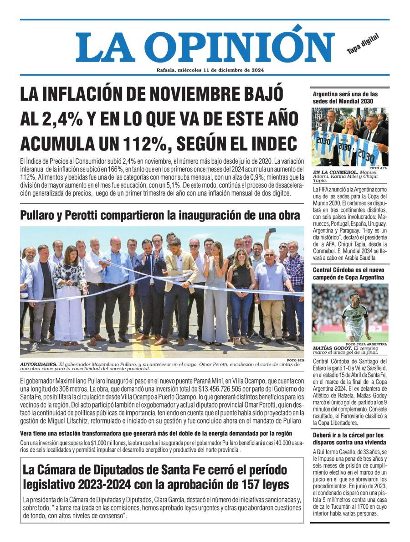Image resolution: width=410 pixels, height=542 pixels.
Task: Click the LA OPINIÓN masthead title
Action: (198, 46)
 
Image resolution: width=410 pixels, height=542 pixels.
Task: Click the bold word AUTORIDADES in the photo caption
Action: (39, 364)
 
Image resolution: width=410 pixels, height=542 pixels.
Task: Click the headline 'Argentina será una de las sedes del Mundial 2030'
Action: (344, 98)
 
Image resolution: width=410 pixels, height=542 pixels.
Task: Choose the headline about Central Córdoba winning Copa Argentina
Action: (348, 274)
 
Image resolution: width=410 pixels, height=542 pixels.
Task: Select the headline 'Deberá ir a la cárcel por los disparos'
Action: (348, 439)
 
